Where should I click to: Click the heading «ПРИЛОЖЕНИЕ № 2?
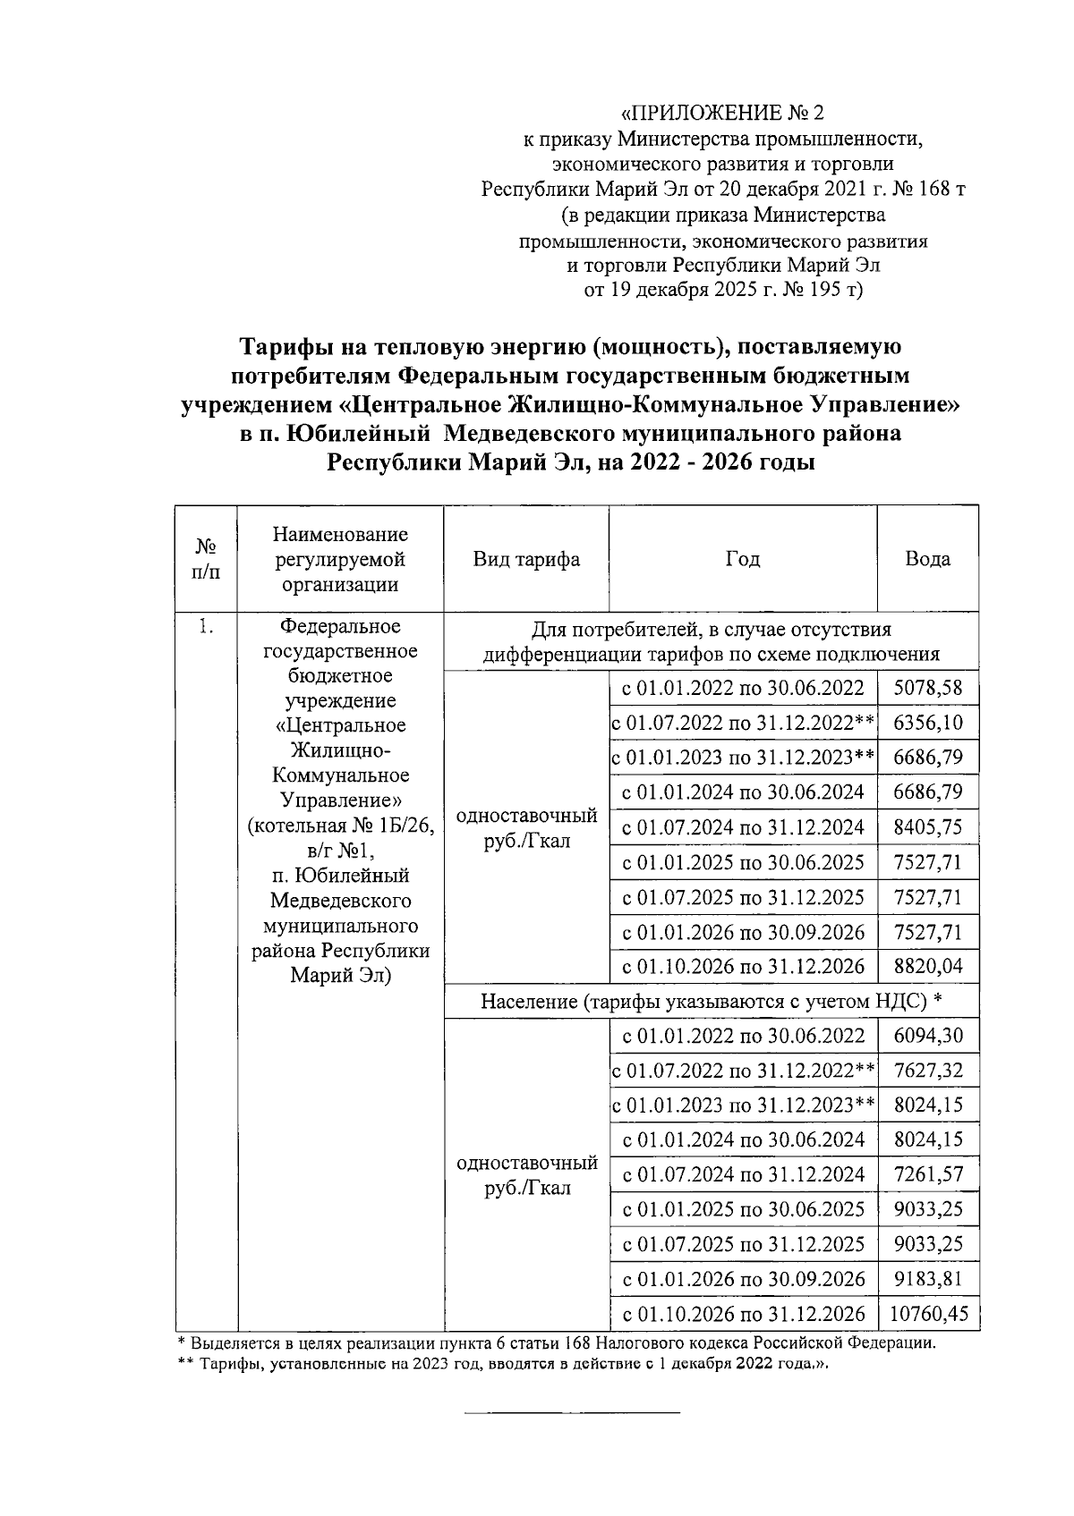point(721,114)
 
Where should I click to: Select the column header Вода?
point(927,559)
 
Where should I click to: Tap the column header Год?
point(742,559)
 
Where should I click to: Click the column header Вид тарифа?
point(526,559)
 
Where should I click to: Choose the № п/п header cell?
point(206,559)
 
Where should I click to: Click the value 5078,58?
point(928,688)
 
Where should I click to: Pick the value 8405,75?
point(928,827)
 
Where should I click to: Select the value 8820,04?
point(928,967)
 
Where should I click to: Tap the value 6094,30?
point(928,1036)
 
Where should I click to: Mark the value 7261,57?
point(928,1174)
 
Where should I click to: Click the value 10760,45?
point(928,1314)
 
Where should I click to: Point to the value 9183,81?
point(928,1279)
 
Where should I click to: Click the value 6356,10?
point(928,723)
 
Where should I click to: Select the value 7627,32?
point(928,1071)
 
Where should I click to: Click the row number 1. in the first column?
point(206,627)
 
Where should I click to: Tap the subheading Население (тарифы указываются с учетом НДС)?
point(711,1001)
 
